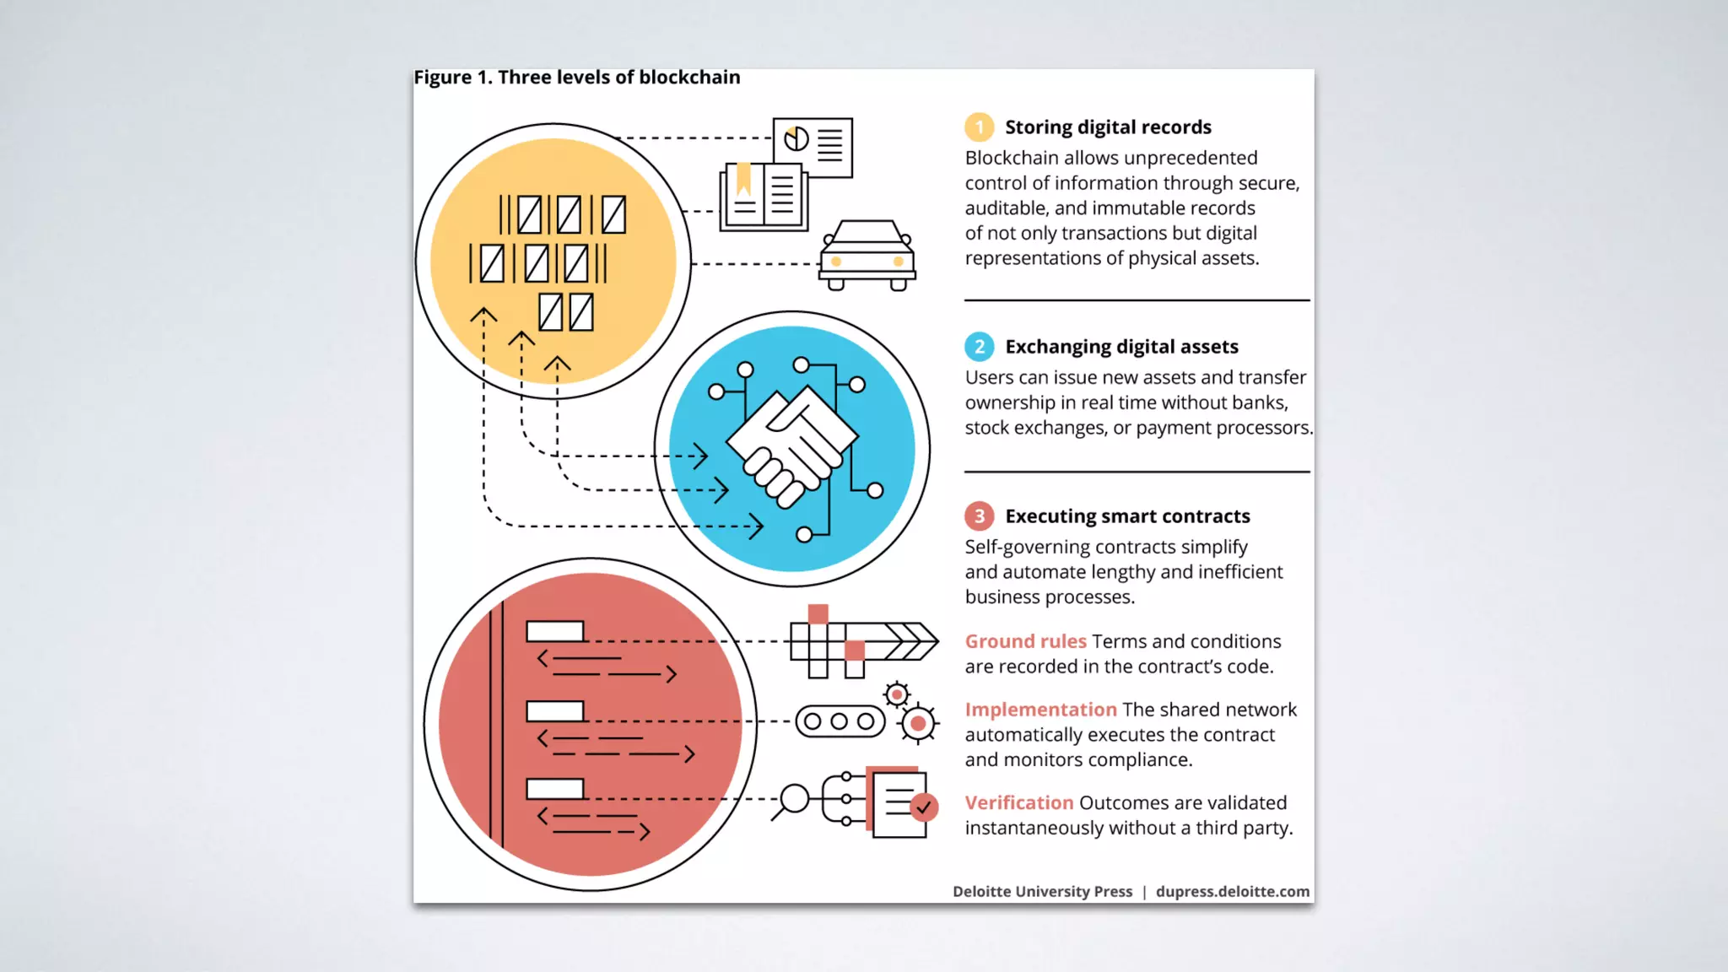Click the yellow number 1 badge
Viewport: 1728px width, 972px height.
(x=979, y=127)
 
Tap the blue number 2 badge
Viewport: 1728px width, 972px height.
(x=979, y=347)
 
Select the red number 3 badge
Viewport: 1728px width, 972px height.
(x=979, y=516)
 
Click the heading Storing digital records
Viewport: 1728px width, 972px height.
(x=1108, y=127)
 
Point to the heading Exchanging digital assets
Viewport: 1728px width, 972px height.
(x=1121, y=347)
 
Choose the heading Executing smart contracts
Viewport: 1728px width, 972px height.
(x=1127, y=516)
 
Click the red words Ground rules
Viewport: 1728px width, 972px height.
(x=1025, y=641)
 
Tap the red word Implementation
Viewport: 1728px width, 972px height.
(x=1040, y=710)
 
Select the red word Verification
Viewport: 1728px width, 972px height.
(x=1019, y=802)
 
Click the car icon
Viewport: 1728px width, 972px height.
(x=867, y=256)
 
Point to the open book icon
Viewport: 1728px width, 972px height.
(x=764, y=197)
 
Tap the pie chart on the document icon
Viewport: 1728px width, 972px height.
(x=796, y=138)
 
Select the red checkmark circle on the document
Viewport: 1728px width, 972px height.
(x=924, y=807)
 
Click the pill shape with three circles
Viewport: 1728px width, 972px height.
(x=840, y=721)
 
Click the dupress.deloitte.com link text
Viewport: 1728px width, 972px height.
(x=1232, y=892)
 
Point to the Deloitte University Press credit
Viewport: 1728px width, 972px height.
(x=1042, y=892)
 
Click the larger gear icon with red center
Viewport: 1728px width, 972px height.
(x=918, y=723)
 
